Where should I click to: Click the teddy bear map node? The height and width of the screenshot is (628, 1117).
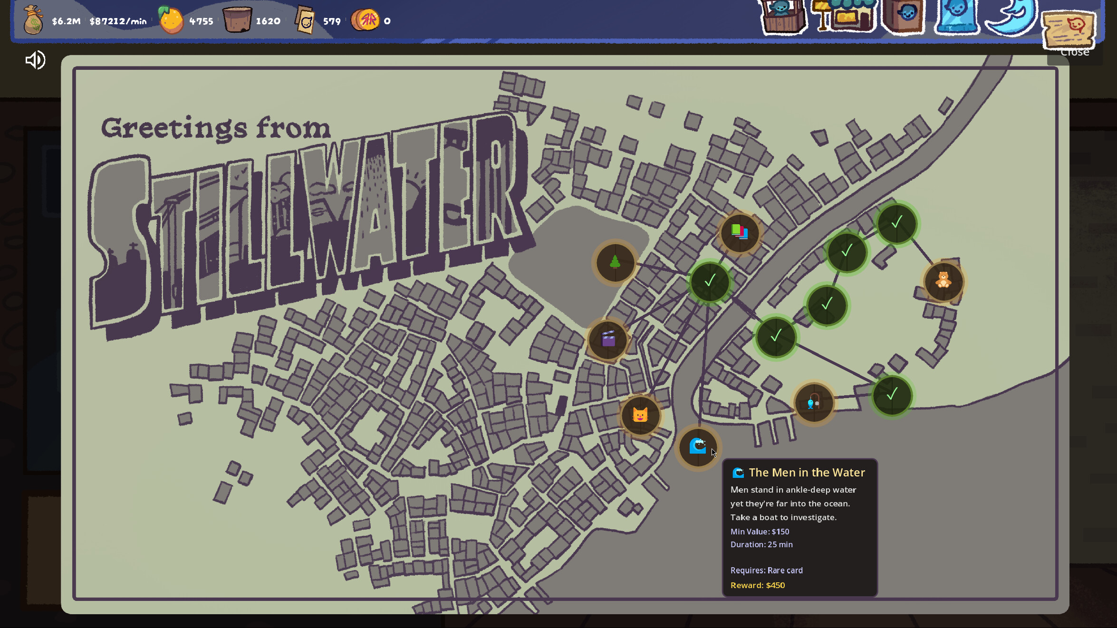coord(944,281)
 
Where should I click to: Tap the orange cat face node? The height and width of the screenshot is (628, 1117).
coord(640,415)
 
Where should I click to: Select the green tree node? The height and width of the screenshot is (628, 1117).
coord(615,262)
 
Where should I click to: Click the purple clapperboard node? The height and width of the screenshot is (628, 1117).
coord(608,339)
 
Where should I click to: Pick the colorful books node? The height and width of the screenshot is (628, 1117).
coord(740,232)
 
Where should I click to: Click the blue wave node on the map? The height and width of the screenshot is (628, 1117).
coord(697,446)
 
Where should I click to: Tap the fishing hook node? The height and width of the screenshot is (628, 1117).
coord(814,403)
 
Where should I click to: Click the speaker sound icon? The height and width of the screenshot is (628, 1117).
coord(35,60)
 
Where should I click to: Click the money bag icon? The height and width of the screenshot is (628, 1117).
coord(33,20)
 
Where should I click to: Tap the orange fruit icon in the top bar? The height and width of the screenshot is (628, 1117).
coord(171,20)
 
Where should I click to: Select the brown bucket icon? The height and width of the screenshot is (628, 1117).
coord(237,20)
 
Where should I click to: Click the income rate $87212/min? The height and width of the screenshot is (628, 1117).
coord(118,21)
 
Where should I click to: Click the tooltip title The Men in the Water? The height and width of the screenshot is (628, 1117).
coord(807,473)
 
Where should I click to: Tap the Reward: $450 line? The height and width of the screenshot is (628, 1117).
coord(758,585)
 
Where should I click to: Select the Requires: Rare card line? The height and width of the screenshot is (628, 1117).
coord(766,570)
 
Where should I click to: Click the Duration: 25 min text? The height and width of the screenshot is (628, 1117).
coord(761,544)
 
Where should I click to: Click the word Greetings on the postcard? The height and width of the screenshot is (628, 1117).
coord(174,128)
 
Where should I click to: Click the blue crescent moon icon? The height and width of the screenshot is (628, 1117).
coord(1011,18)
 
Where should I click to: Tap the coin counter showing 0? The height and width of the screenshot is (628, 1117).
coord(387,21)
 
